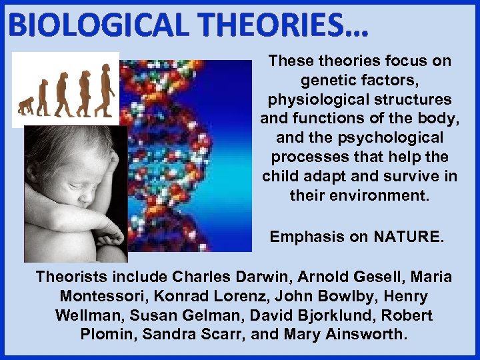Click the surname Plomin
click(x=109, y=335)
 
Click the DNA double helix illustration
click(x=180, y=153)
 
